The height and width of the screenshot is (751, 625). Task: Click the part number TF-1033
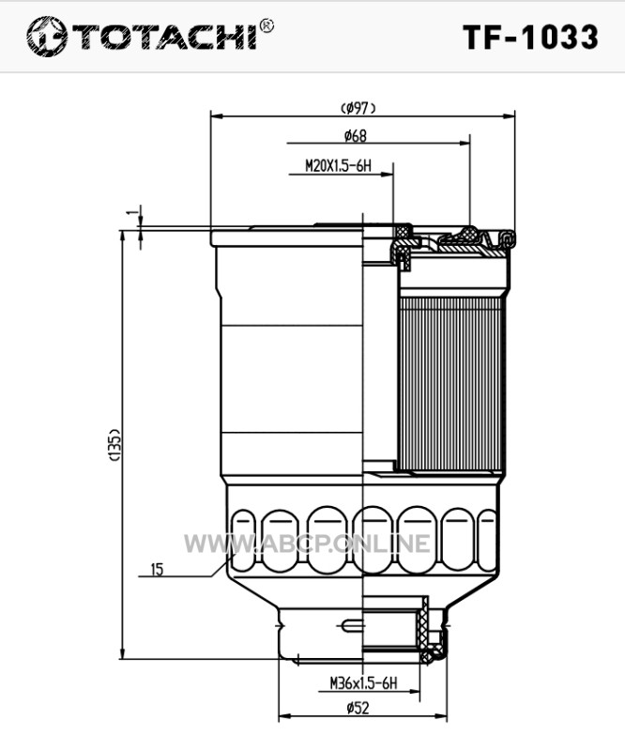(x=530, y=37)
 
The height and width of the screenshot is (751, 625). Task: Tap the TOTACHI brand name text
(x=164, y=36)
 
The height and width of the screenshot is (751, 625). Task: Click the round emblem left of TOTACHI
(x=47, y=37)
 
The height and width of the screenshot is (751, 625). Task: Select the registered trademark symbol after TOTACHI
(x=267, y=26)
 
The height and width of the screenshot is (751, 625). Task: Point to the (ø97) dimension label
(x=358, y=108)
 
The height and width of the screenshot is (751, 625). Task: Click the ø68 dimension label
(x=356, y=136)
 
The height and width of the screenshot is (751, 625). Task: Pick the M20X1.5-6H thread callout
(x=338, y=166)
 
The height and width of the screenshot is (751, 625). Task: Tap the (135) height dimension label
(x=114, y=445)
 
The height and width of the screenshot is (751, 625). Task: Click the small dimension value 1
(x=133, y=212)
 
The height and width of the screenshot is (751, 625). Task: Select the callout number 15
(x=157, y=570)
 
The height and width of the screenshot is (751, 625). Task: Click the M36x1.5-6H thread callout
(x=363, y=683)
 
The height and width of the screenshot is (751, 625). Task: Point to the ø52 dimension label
(x=358, y=708)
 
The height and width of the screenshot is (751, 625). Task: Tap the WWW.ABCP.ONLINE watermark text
(x=307, y=544)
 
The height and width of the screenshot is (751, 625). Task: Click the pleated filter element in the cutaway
(x=450, y=384)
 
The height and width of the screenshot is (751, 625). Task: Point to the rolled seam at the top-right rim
(x=506, y=238)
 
